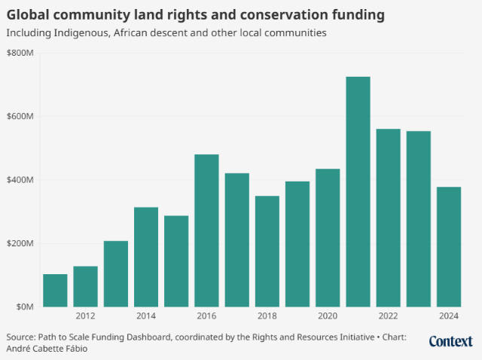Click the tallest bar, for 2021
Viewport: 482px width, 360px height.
coord(358,192)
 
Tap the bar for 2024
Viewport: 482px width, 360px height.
coord(449,247)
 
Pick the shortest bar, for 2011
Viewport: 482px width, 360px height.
coord(55,291)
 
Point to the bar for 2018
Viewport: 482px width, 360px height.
coord(267,252)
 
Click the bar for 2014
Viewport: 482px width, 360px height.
coord(146,257)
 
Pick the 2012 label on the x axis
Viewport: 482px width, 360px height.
coord(85,316)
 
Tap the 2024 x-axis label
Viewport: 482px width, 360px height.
coord(449,316)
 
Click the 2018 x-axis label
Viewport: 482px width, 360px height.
coord(267,316)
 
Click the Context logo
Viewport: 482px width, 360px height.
coord(452,342)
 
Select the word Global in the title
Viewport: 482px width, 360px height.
coord(29,14)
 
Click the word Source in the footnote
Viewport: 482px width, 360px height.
coord(23,337)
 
